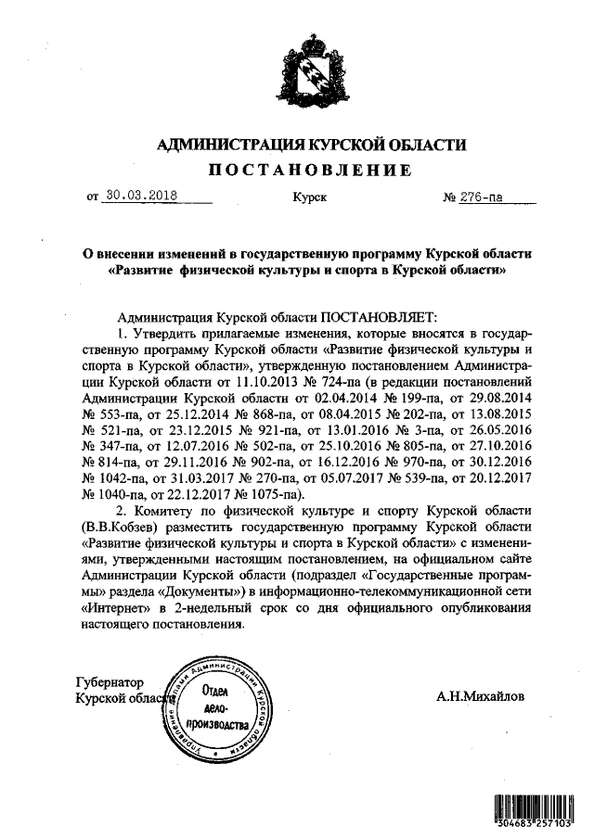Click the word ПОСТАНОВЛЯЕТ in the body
pos(371,316)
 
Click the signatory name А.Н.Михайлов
pos(479,694)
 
